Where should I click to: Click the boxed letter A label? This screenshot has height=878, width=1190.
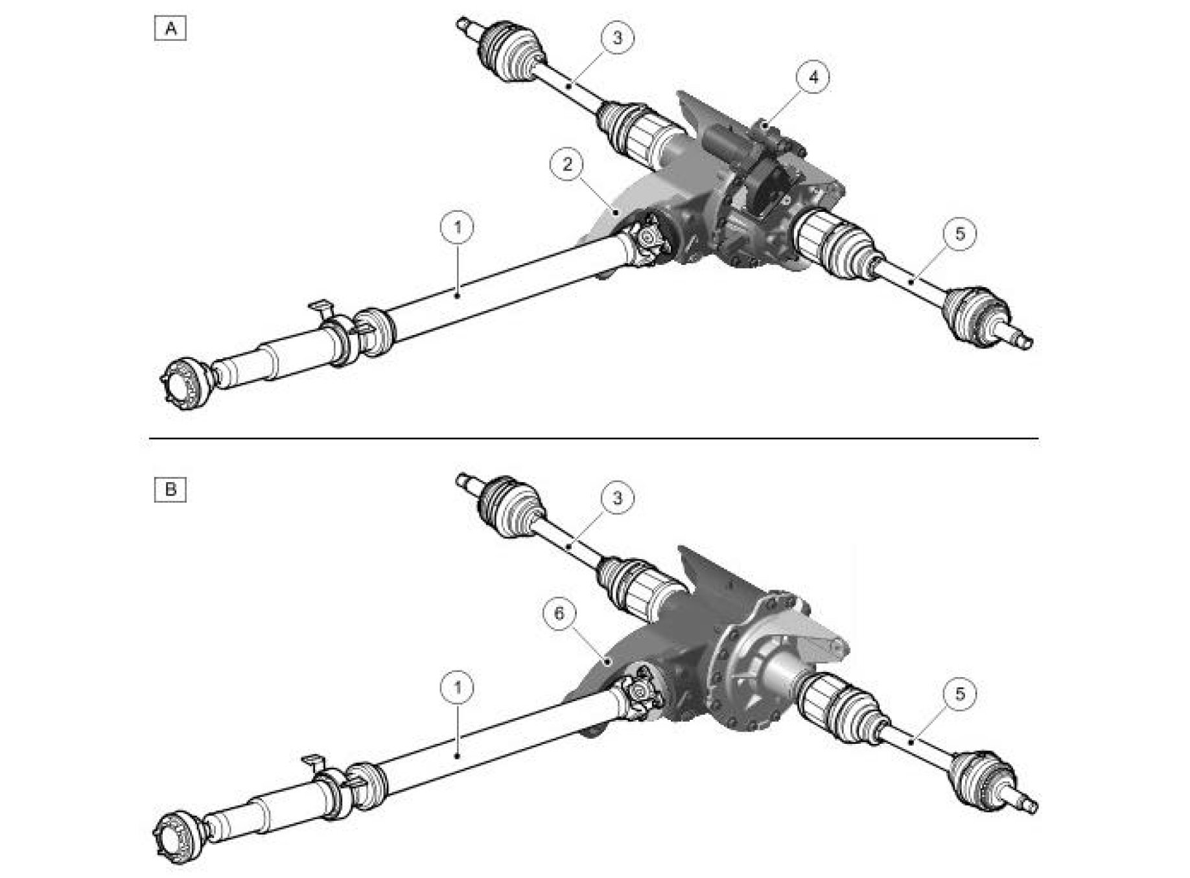[x=170, y=29]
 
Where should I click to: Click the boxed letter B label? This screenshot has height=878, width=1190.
[x=170, y=489]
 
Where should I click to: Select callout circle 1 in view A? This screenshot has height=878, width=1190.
[x=458, y=227]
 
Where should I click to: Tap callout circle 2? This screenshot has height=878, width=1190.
[x=568, y=165]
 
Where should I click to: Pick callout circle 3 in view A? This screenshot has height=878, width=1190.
[x=617, y=38]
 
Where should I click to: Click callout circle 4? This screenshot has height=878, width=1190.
[x=813, y=76]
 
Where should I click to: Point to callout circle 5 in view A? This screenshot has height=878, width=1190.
[x=960, y=233]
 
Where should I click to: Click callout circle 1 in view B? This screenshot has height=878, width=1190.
[x=458, y=687]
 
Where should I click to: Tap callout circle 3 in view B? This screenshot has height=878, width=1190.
[x=617, y=498]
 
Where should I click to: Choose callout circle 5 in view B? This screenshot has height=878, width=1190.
[x=960, y=694]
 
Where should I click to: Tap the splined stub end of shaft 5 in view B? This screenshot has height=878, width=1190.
[x=1022, y=803]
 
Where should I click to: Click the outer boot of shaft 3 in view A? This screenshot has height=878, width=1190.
[x=509, y=51]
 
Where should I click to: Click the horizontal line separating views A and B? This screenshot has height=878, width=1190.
[x=594, y=439]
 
